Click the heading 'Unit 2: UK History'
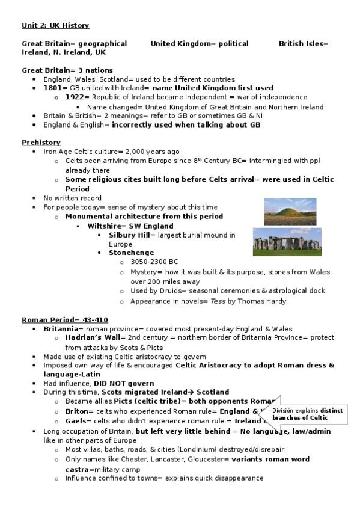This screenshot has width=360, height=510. pos(55,25)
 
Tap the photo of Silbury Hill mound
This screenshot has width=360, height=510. pos(290,212)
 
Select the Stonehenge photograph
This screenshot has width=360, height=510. pos(287,242)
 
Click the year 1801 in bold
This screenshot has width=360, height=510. pos(54,88)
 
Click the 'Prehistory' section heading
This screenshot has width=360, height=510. pos(41,143)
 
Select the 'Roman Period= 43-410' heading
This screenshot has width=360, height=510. pos(65,319)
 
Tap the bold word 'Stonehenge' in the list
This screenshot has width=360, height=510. pos(131,253)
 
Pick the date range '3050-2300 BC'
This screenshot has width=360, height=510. pos(154,262)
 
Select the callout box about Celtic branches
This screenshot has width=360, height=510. pos(307,414)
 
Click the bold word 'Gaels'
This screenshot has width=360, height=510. pos(76,421)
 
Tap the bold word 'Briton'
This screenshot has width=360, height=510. pos(76,411)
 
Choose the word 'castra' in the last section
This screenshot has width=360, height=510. pos(78,469)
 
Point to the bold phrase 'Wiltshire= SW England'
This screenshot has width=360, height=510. pos(130,226)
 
